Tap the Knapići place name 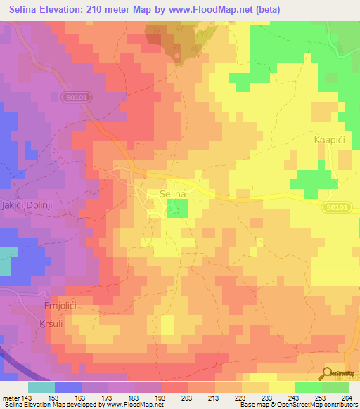(328, 141)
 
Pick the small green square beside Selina (178, 208)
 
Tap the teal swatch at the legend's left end (41, 387)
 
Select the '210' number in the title (96, 9)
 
